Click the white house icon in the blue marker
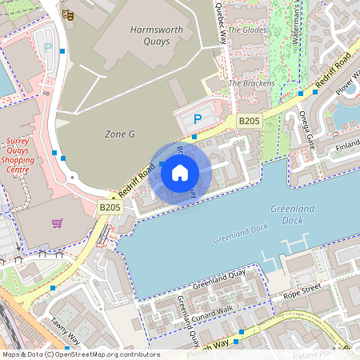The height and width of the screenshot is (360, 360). tap(179, 172)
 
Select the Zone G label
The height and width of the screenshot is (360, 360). tap(120, 134)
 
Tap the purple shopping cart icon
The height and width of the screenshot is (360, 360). tap(57, 222)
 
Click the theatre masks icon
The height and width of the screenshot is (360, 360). tap(69, 14)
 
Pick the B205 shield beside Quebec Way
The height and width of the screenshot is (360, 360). tap(250, 121)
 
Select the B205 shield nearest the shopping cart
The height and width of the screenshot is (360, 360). tap(110, 207)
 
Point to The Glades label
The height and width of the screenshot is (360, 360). tap(246, 30)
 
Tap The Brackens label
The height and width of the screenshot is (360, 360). tap(251, 83)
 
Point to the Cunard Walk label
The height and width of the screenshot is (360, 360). tap(212, 308)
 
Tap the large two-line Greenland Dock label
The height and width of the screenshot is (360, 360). tap(293, 214)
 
